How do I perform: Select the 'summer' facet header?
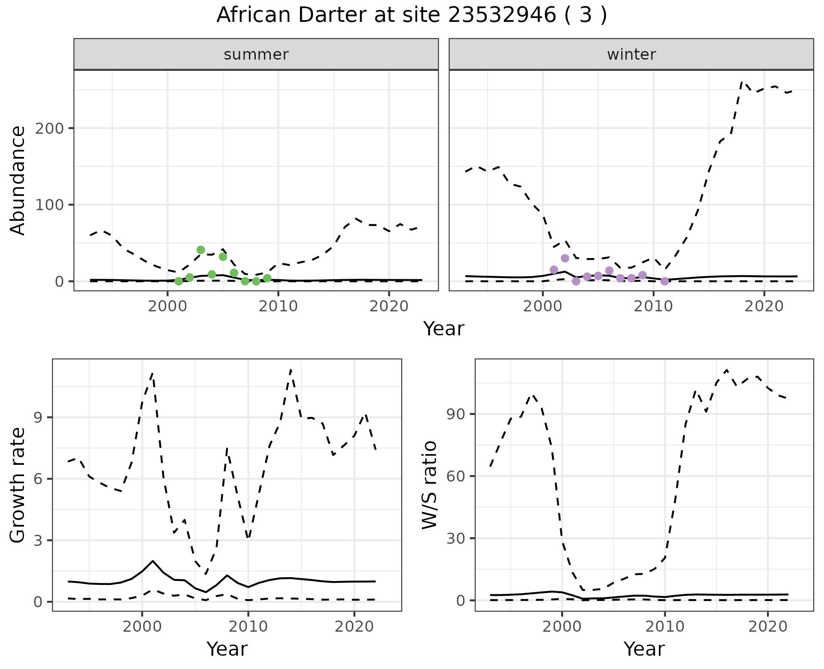256,54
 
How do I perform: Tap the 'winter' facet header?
631,54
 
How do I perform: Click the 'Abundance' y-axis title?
18,181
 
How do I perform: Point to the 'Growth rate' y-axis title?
18,485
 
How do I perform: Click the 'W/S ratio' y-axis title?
430,485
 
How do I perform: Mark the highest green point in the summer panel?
200,250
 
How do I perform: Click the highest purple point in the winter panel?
565,258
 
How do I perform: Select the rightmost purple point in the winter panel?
664,281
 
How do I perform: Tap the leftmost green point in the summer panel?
179,281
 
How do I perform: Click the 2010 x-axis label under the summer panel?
278,307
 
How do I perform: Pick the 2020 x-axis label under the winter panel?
764,307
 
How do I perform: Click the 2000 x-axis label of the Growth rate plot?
142,627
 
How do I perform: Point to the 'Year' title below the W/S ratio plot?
644,649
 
